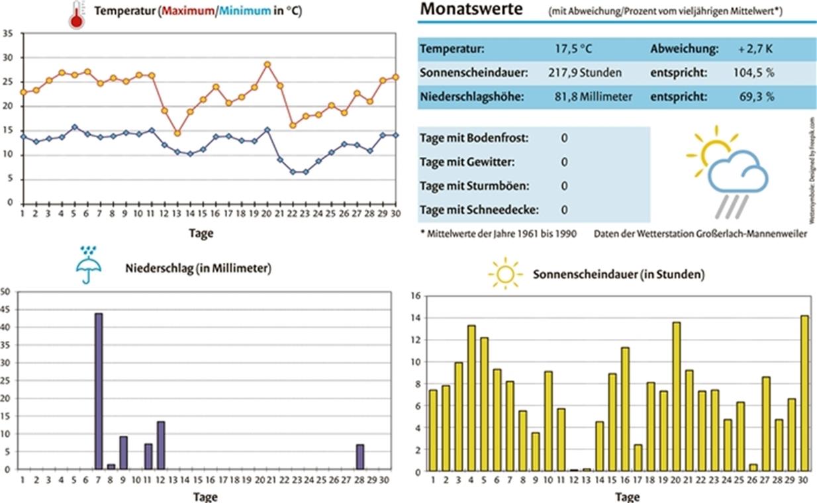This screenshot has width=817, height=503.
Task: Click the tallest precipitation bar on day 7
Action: coord(98,390)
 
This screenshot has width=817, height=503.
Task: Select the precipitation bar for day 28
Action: coord(360,457)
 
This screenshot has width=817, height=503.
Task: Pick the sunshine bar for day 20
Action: coord(676,397)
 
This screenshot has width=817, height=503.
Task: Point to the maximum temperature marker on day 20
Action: coord(267,64)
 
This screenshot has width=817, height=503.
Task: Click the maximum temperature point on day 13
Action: coord(177,133)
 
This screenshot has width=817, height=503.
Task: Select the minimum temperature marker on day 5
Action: coord(74,127)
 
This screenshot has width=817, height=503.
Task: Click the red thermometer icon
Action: coord(77,15)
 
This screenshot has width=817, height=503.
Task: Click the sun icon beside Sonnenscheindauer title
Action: coord(505,273)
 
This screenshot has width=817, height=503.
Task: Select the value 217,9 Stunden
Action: coord(585,72)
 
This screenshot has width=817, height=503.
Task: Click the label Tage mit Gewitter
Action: coord(467,162)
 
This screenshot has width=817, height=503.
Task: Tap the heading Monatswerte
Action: coord(471,9)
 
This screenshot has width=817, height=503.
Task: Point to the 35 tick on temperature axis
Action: coord(8,33)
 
